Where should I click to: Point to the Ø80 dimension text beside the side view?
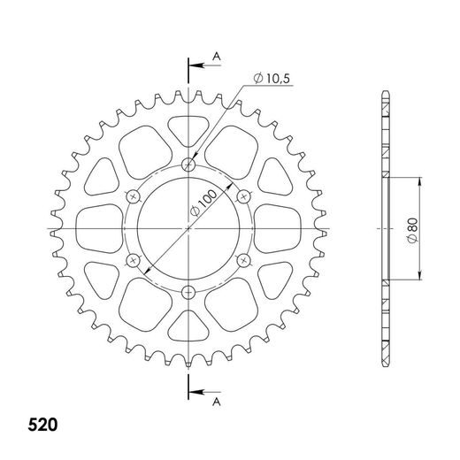(413, 228)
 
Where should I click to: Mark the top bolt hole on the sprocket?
(188, 164)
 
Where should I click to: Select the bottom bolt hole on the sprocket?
(188, 293)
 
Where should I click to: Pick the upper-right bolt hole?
(243, 195)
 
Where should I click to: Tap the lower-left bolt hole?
(134, 260)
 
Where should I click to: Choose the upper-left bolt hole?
(134, 195)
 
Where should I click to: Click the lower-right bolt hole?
(243, 260)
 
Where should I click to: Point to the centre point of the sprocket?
(188, 228)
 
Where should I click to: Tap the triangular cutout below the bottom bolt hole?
(188, 328)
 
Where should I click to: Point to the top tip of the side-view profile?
(386, 92)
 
